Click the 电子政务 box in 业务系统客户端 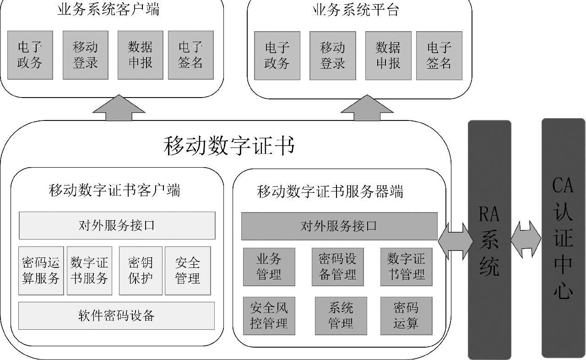30,55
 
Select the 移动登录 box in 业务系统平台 332,55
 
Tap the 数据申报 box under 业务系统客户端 140,55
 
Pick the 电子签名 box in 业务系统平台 439,55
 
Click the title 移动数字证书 228,146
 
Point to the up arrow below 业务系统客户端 119,108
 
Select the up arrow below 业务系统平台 367,109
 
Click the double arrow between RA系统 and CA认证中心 526,239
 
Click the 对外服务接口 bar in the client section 117,225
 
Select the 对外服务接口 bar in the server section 339,226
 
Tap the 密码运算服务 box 41,271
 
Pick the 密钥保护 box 141,271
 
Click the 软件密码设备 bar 116,316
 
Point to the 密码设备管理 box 337,267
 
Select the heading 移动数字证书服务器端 330,191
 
